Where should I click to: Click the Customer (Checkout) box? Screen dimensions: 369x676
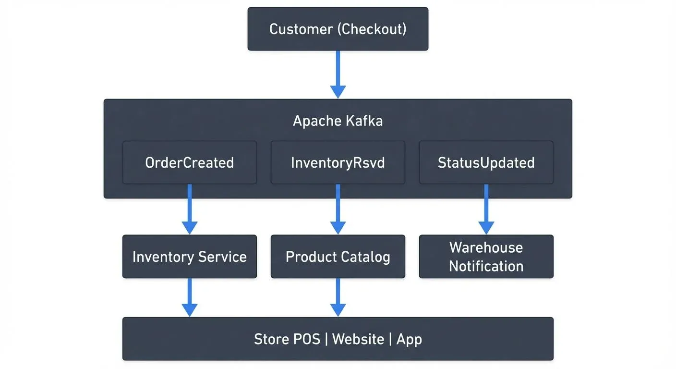click(x=338, y=29)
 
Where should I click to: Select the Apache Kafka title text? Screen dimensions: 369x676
click(x=338, y=121)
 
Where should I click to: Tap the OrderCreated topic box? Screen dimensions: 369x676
click(x=189, y=162)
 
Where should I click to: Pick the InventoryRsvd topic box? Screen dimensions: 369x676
click(x=338, y=162)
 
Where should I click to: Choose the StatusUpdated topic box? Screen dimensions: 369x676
click(x=486, y=162)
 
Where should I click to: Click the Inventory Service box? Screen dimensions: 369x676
click(x=189, y=257)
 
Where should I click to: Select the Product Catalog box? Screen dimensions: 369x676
click(x=338, y=257)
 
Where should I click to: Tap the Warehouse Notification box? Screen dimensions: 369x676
click(x=486, y=257)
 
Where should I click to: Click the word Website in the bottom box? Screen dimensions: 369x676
click(x=358, y=339)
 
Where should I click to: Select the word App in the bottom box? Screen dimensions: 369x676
click(x=409, y=340)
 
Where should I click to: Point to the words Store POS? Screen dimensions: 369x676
click(x=287, y=339)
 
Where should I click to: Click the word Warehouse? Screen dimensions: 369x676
click(x=486, y=247)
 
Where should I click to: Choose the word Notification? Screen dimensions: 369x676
click(x=486, y=266)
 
